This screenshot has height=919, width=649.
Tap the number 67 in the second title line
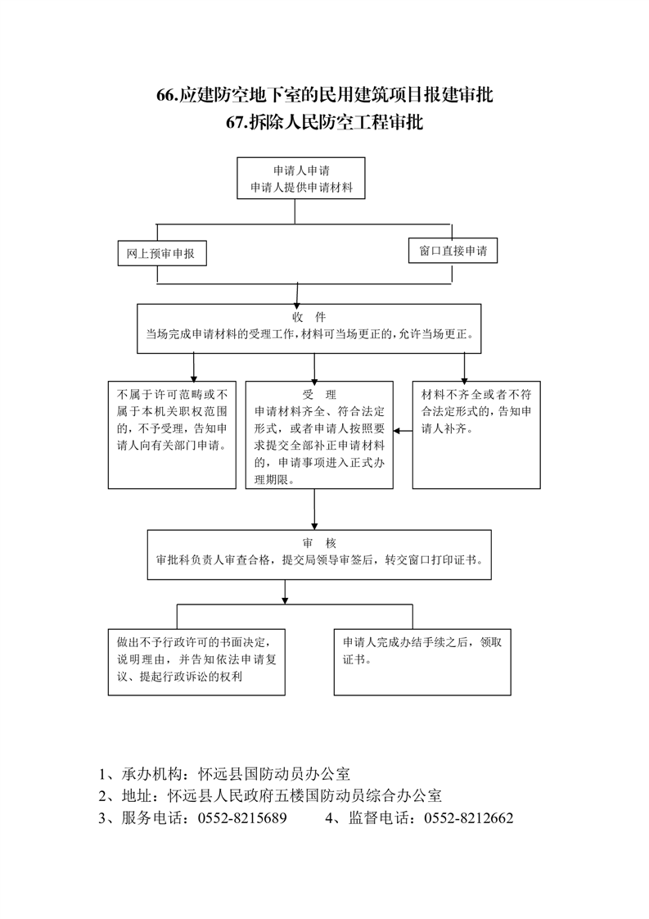pyautogui.click(x=235, y=122)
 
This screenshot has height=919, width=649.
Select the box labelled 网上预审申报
pyautogui.click(x=162, y=254)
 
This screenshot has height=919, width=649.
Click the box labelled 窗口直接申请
pyautogui.click(x=453, y=251)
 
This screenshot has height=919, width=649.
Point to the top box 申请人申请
pyautogui.click(x=301, y=179)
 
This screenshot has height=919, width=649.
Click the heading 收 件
pyautogui.click(x=309, y=317)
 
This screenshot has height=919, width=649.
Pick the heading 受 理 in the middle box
pyautogui.click(x=319, y=395)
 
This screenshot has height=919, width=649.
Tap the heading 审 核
pyautogui.click(x=319, y=543)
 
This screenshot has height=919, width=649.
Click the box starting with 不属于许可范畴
pyautogui.click(x=172, y=435)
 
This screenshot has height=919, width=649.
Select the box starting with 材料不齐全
pyautogui.click(x=476, y=435)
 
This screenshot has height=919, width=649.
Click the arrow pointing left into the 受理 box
pyautogui.click(x=403, y=431)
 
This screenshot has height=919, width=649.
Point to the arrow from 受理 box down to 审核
pyautogui.click(x=314, y=509)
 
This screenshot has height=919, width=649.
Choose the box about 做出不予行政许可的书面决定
pyautogui.click(x=196, y=663)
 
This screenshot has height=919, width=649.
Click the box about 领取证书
pyautogui.click(x=422, y=663)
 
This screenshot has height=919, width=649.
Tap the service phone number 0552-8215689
pyautogui.click(x=242, y=818)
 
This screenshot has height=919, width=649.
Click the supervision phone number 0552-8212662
pyautogui.click(x=469, y=818)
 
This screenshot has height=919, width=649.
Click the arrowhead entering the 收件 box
pyautogui.click(x=297, y=305)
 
